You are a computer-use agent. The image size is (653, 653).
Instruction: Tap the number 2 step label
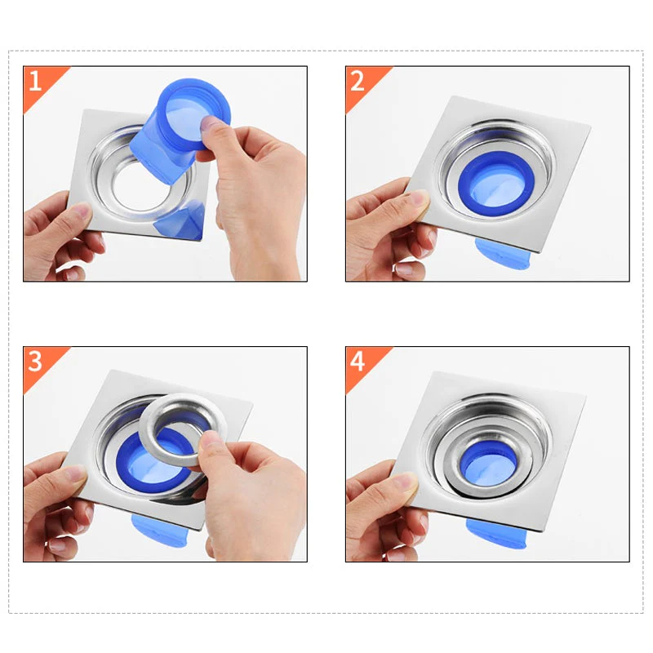pos(357,80)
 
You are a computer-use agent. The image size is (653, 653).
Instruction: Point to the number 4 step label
pos(357,360)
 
